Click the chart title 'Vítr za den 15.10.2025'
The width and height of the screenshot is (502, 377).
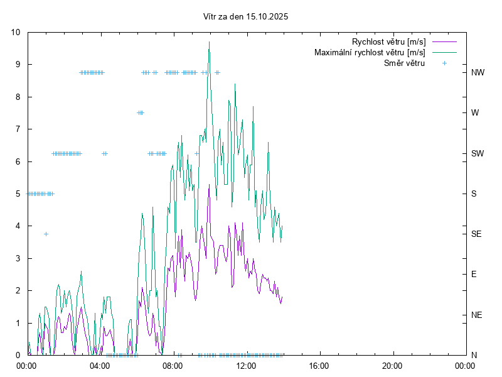point(246,17)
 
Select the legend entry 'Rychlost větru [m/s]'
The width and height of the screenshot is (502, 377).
point(388,42)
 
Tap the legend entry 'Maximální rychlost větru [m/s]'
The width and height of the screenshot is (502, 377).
point(370,52)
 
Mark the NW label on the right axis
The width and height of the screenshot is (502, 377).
point(478,72)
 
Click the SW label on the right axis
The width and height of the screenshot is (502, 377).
point(478,153)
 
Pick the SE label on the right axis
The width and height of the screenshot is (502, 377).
point(477,234)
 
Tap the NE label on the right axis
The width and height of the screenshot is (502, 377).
point(477,315)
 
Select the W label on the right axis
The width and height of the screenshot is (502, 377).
point(475,113)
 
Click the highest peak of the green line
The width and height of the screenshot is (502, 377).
point(209,41)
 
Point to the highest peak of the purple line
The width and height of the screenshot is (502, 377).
point(209,185)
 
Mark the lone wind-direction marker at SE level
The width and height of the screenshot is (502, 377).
point(46,234)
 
